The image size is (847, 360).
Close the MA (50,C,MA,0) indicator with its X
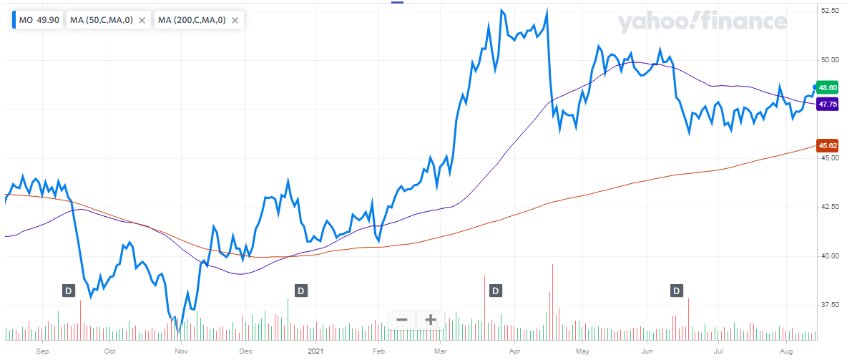(142, 20)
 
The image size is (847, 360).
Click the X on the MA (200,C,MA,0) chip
(235, 20)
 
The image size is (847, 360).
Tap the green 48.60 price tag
(828, 87)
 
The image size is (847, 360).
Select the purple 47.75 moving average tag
(828, 104)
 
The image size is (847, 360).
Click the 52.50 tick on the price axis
(830, 11)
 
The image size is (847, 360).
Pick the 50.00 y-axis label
(830, 60)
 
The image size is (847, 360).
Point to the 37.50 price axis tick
(830, 305)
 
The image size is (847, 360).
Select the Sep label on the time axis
(41, 351)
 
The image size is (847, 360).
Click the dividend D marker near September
(69, 291)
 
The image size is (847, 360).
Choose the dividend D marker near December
(301, 291)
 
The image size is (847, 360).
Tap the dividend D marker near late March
(495, 291)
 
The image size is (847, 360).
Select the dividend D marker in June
(677, 291)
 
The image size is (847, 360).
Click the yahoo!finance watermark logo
(702, 22)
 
